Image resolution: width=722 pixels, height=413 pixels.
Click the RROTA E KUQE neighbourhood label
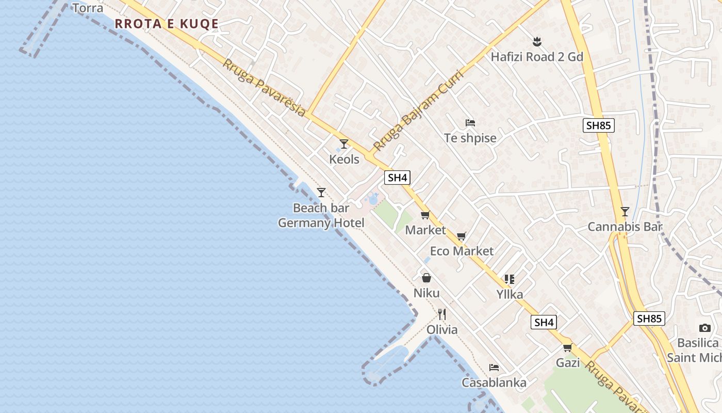pyautogui.click(x=167, y=24)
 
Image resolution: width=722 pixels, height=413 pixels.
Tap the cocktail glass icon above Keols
pyautogui.click(x=344, y=144)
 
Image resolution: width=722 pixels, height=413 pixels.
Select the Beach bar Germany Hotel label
pyautogui.click(x=321, y=215)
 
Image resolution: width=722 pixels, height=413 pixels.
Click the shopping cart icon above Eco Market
pyautogui.click(x=462, y=236)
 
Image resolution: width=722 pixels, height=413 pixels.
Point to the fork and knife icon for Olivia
pyautogui.click(x=442, y=314)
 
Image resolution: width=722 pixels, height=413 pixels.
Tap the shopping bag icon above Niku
pyautogui.click(x=426, y=278)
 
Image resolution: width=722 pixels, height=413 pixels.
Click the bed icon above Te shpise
pyautogui.click(x=470, y=123)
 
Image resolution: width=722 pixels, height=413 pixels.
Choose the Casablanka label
pyautogui.click(x=494, y=383)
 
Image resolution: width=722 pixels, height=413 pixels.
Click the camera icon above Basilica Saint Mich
pyautogui.click(x=705, y=328)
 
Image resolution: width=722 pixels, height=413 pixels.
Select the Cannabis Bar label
pyautogui.click(x=625, y=227)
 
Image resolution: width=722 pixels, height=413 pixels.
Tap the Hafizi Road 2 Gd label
pyautogui.click(x=537, y=57)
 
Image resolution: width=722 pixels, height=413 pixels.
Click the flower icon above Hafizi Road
pyautogui.click(x=537, y=41)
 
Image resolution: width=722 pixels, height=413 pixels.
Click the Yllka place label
pyautogui.click(x=510, y=294)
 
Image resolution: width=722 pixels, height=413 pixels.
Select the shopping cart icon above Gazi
pyautogui.click(x=568, y=347)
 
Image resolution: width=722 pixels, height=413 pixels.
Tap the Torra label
pyautogui.click(x=88, y=8)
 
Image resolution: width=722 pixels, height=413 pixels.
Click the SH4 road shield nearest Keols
pyautogui.click(x=398, y=178)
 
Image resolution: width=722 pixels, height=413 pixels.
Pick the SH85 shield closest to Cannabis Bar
pyautogui.click(x=599, y=125)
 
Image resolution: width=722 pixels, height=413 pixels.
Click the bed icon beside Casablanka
pyautogui.click(x=494, y=368)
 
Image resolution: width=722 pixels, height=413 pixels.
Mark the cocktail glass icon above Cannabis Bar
pyautogui.click(x=625, y=211)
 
